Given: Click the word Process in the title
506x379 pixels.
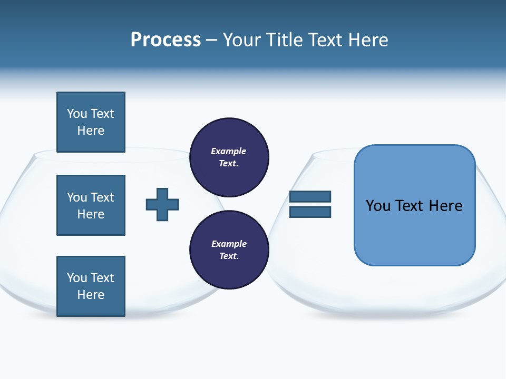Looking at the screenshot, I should point(166,40).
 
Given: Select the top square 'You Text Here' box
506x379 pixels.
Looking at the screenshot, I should point(91,122).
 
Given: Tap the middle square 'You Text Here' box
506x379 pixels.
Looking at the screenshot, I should point(91,205).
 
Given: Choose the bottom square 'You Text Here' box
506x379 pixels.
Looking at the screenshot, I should point(91,286).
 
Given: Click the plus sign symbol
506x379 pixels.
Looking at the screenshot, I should point(162,204).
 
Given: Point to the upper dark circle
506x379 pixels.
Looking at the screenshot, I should point(229,157).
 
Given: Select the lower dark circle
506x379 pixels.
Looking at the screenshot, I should point(229,250).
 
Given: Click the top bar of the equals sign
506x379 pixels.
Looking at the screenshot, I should point(310,196).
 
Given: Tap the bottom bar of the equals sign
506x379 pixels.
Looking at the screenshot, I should point(310,212).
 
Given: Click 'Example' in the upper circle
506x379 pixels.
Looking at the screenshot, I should point(228,151).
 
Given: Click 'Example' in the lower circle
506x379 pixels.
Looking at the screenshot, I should point(228,244).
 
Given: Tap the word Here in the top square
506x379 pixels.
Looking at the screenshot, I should point(91,131).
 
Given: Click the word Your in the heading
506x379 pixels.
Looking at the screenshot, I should point(242,40).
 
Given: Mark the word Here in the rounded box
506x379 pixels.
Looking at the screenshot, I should point(445,205).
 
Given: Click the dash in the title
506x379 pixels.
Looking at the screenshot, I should point(212,40).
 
